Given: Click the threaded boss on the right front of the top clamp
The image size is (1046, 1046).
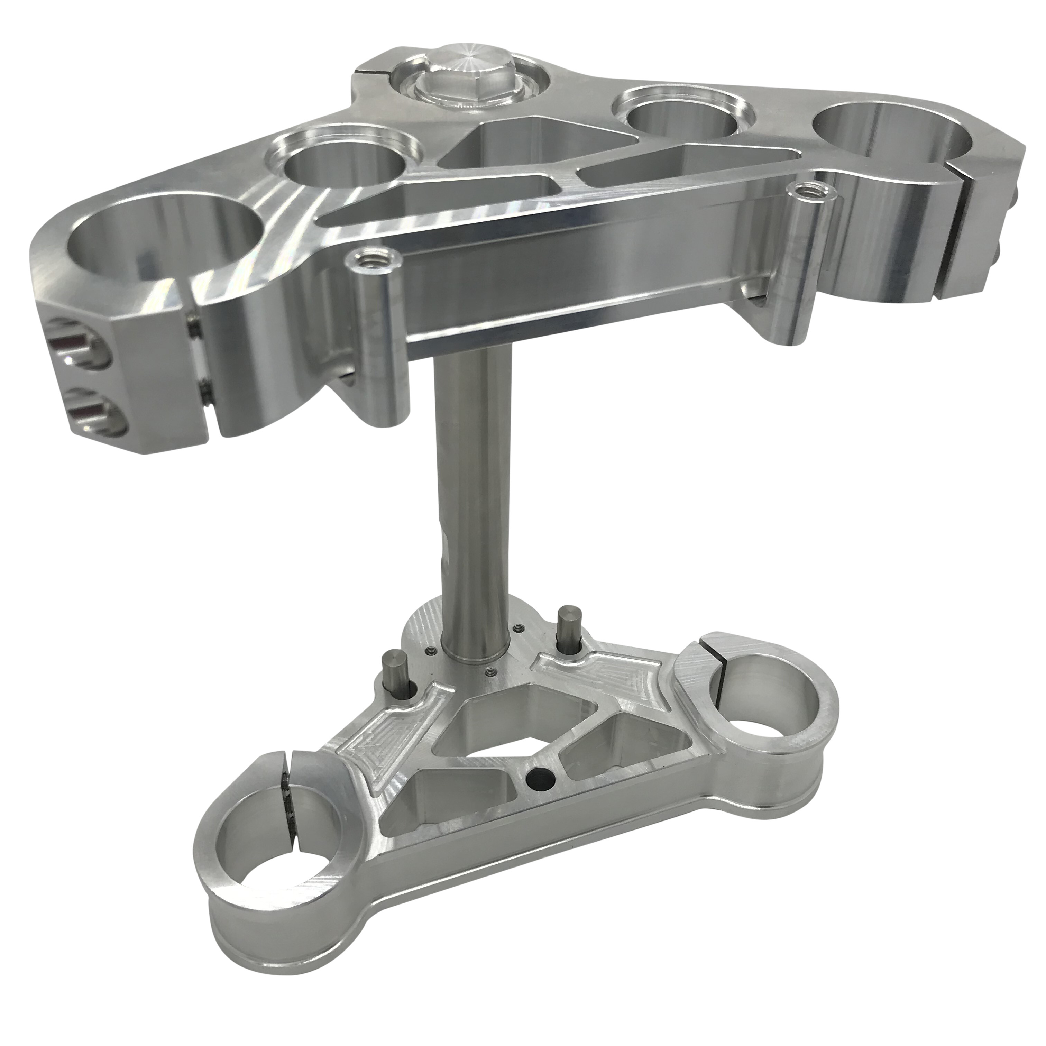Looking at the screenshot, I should (x=807, y=191).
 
